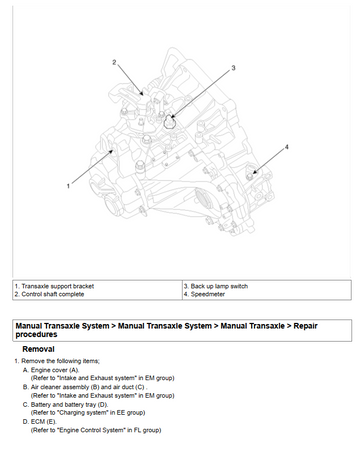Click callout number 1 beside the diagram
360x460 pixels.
(x=68, y=186)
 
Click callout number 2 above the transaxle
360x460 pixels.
(x=114, y=62)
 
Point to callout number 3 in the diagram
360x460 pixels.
(x=233, y=68)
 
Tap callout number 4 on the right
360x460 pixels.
(x=286, y=147)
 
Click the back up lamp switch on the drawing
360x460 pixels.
(x=170, y=122)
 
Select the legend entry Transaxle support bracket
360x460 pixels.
(x=54, y=286)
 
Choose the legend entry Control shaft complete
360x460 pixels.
(x=49, y=294)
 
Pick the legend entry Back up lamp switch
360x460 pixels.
(x=216, y=286)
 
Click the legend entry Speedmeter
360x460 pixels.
(x=204, y=294)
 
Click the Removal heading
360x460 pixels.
(x=38, y=349)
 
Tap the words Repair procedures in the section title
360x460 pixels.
(x=167, y=330)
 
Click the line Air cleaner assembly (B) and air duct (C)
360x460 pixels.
(x=85, y=387)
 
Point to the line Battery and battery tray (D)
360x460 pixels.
(x=65, y=405)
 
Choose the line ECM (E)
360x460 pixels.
(x=40, y=422)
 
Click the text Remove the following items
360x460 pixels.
(x=57, y=361)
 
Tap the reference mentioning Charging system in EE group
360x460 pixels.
(x=88, y=413)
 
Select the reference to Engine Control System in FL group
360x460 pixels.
(x=96, y=430)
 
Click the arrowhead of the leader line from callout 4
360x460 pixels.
(x=254, y=172)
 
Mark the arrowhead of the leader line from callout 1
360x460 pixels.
(x=112, y=152)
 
